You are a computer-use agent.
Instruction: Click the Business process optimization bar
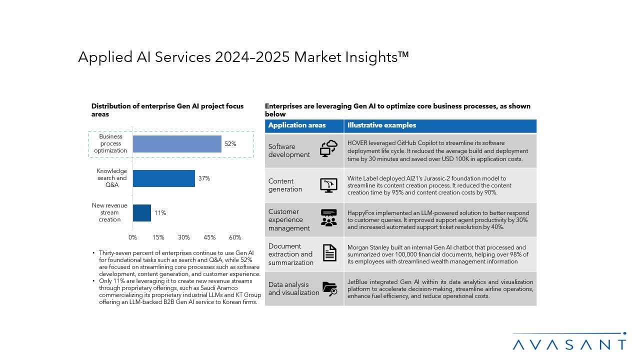coord(177,144)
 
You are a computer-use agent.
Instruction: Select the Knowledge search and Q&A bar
coord(163,178)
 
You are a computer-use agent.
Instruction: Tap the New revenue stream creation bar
coord(142,213)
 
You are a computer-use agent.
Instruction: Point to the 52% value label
coord(230,144)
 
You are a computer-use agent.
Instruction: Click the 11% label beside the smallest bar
coord(160,213)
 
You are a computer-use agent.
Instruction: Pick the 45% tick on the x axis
coord(209,237)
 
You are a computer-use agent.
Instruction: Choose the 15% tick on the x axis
coord(158,237)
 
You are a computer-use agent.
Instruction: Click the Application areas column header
coord(297,125)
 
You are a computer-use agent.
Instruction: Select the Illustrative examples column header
coord(381,125)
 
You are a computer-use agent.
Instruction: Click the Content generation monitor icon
coord(328,184)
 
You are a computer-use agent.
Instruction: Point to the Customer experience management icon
coord(328,218)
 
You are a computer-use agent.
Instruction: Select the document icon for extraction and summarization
coord(329,253)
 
